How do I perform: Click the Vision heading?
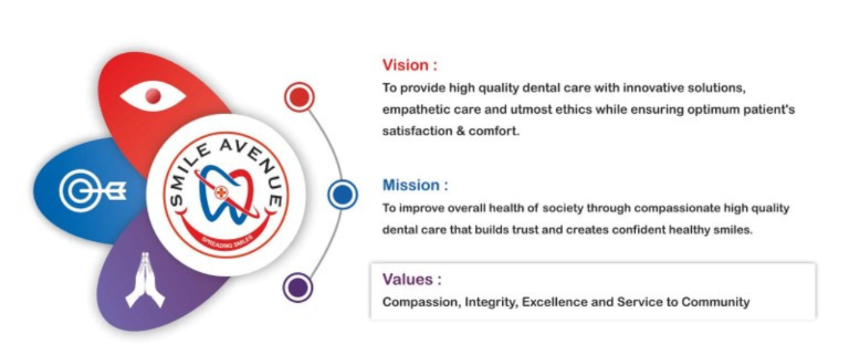tap(410, 65)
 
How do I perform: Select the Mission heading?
tap(415, 185)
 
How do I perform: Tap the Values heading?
tap(412, 279)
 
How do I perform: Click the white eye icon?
tap(153, 96)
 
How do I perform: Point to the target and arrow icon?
tap(93, 190)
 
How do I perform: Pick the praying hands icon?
tap(145, 280)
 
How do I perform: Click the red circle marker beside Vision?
tap(299, 97)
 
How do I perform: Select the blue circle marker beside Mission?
tap(342, 195)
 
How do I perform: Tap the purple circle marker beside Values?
tap(298, 287)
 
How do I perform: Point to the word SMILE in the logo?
tap(188, 175)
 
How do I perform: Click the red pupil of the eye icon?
tap(153, 96)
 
